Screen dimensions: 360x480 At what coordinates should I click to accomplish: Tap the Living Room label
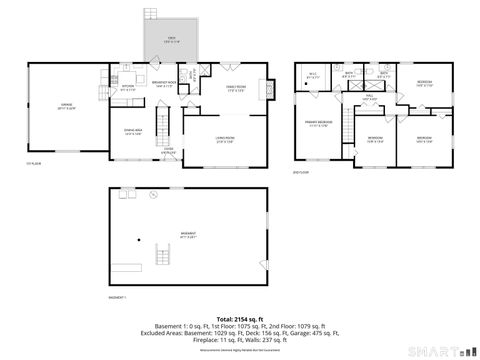[x=225, y=139]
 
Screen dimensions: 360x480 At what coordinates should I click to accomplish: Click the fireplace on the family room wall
[x=268, y=89]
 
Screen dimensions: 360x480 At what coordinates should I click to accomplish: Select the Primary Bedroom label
[x=318, y=124]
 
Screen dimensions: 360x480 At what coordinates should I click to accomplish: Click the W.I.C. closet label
[x=312, y=75]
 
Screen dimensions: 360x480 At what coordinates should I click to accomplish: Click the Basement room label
[x=188, y=236]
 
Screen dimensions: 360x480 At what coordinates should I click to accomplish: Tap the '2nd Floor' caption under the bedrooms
[x=300, y=173]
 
